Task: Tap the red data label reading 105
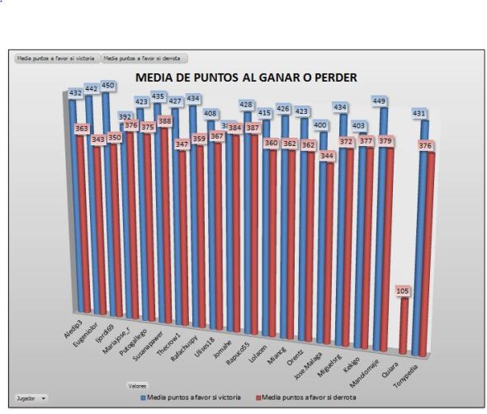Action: [x=404, y=291]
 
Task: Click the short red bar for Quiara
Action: [x=404, y=326]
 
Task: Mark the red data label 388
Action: [x=165, y=121]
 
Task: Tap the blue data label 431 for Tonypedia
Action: [x=419, y=113]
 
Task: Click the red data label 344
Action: [x=329, y=154]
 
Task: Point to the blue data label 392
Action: [x=126, y=117]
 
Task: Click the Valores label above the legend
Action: [x=137, y=385]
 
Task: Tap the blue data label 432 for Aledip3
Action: [x=78, y=93]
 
